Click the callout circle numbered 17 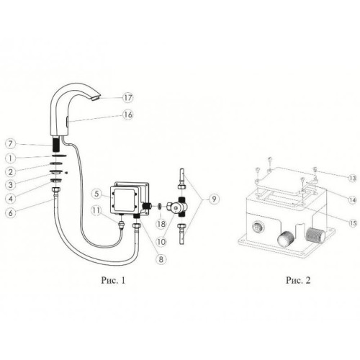tap(128, 97)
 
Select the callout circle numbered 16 tap(128, 114)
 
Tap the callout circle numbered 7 tap(10, 144)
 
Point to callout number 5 tap(96, 194)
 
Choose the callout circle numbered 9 tap(214, 199)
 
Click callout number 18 tap(161, 224)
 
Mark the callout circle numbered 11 tap(96, 210)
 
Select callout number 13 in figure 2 tap(353, 178)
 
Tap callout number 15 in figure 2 tap(353, 223)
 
